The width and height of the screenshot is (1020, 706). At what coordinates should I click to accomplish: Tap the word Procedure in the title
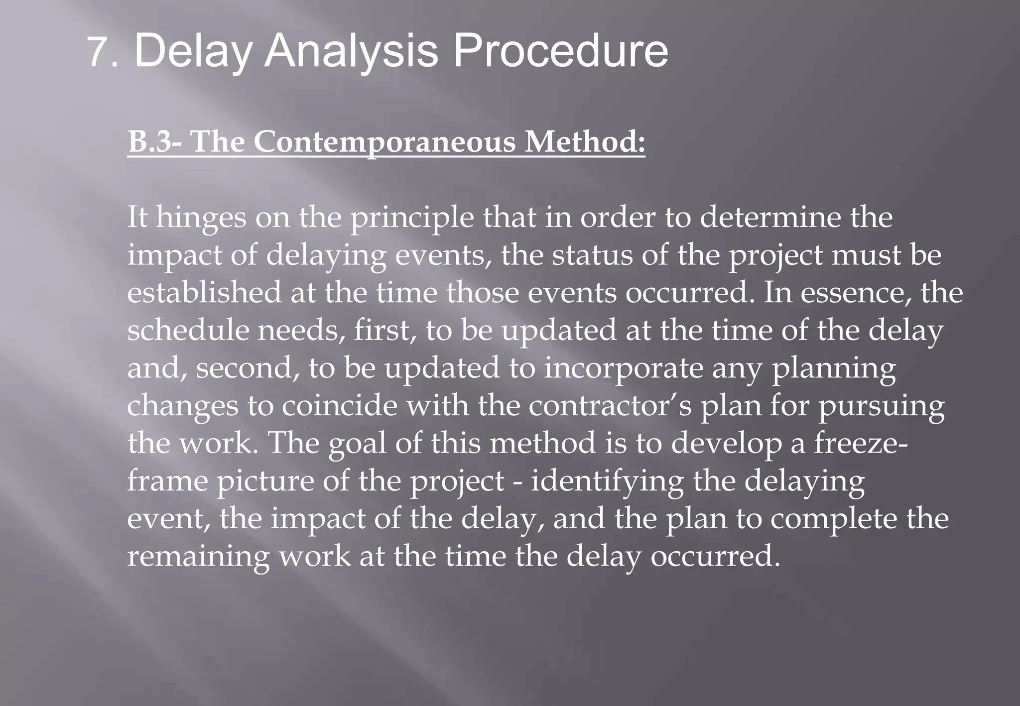coord(560,51)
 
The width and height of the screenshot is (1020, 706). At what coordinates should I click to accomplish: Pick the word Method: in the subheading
coord(586,141)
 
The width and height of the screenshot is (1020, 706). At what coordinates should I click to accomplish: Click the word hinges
coord(201,218)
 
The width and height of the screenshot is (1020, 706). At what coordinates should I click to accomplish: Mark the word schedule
coord(188,330)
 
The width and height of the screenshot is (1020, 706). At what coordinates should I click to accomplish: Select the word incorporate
coord(623,368)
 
